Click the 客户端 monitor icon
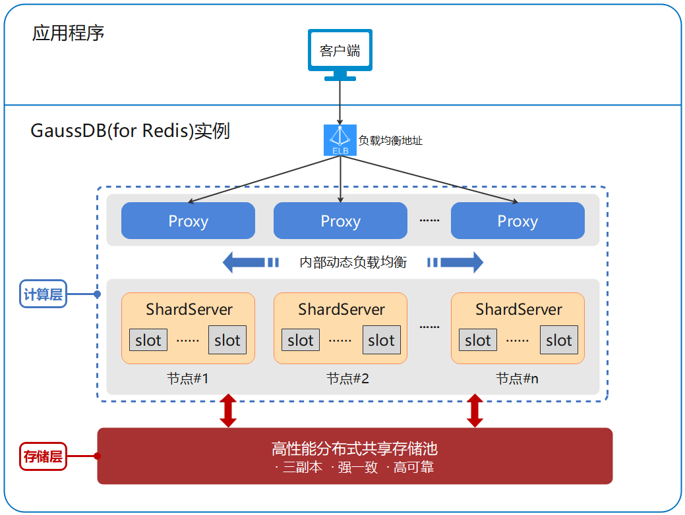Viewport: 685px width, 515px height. coord(340,53)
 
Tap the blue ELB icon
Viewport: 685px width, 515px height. coord(340,140)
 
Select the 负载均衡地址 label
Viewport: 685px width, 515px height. coord(390,140)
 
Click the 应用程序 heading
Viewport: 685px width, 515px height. coord(68,33)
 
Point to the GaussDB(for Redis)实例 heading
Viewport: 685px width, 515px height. coord(130,130)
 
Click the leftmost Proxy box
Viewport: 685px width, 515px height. coord(188,221)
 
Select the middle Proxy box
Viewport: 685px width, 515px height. coord(340,221)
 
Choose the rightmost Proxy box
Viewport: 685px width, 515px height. coord(518,221)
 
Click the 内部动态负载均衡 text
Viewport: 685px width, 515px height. coord(353,263)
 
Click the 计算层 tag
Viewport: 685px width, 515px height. coord(44,294)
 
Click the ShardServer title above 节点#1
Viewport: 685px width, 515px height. coord(189,309)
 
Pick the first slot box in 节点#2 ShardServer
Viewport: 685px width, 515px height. coord(301,340)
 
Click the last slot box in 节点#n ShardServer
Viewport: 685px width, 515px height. coord(558,340)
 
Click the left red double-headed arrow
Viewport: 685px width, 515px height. coord(228,410)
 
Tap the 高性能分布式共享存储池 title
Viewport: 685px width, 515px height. coord(355,449)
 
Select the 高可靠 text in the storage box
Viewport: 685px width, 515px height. coord(413,468)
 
